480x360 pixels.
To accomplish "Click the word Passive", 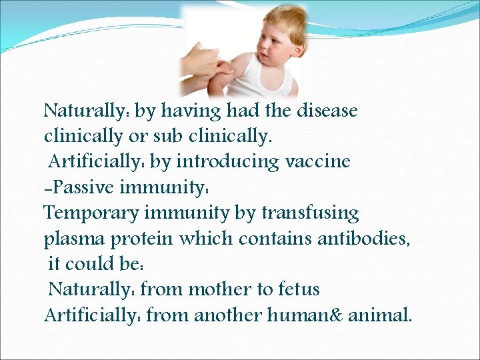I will point(83,187).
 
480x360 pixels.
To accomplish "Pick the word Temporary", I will point(89,213).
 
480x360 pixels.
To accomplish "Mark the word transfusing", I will point(310,213).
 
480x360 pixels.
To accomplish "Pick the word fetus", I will point(297,289).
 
